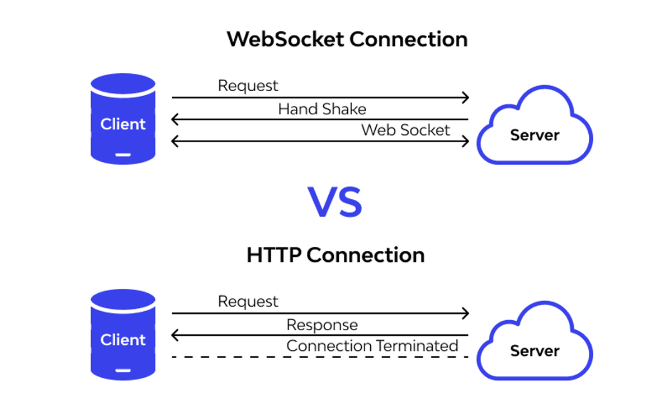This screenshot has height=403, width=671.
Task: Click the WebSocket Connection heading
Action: point(347,40)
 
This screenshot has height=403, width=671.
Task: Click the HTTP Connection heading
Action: point(335,255)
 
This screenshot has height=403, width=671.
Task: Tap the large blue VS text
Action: point(335,202)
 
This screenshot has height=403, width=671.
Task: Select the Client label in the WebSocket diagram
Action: point(123,124)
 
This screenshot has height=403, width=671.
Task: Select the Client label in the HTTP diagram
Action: point(123,340)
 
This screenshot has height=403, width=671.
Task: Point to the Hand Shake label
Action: point(322,109)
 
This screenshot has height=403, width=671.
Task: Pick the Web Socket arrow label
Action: point(405,130)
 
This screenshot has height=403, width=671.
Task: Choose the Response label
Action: point(322,325)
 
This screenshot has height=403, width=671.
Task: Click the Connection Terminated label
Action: point(372,346)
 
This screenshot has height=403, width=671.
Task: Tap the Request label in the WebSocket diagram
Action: point(248,86)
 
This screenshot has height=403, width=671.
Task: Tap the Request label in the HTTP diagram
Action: point(248,302)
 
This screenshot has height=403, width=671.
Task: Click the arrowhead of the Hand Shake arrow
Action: point(174,119)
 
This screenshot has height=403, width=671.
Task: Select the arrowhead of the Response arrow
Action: point(174,335)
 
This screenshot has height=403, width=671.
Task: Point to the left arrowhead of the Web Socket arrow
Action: point(174,141)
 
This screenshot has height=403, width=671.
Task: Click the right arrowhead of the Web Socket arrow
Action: point(465,141)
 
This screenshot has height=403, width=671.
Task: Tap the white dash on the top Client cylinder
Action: point(123,154)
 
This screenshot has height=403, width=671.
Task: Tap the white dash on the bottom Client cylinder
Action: point(123,369)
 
